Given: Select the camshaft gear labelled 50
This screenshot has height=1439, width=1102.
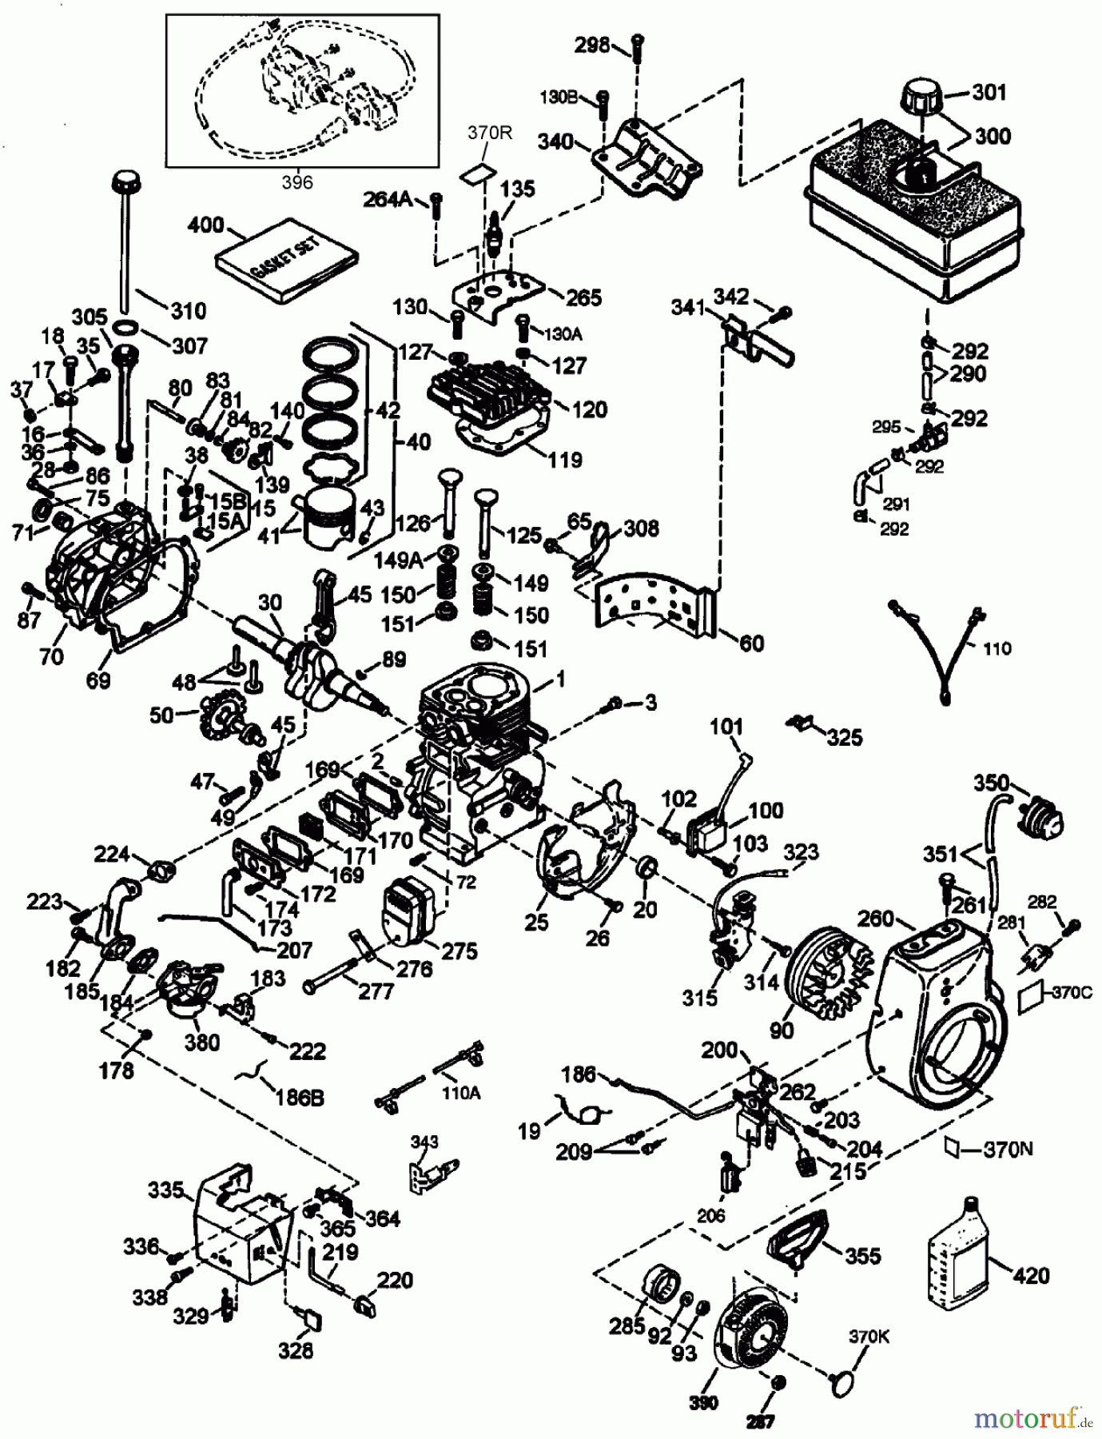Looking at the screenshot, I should [x=215, y=712].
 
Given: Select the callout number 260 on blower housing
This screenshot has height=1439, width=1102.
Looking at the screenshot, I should [x=876, y=919].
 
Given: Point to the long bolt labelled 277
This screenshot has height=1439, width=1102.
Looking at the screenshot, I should [x=336, y=980].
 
